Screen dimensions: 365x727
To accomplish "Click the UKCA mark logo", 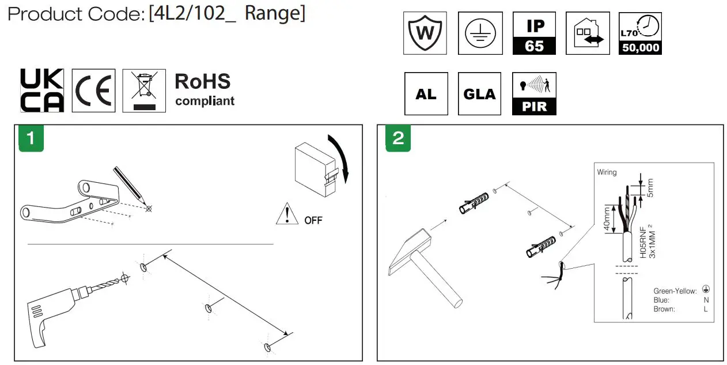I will click(42, 91).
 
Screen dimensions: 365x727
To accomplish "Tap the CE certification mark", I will click(93, 91).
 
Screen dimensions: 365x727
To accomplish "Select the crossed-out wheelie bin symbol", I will click(143, 90).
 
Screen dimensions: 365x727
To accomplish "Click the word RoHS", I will click(202, 81).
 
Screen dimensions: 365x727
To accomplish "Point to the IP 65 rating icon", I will click(534, 33).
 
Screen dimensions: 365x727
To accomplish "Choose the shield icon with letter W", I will click(425, 33).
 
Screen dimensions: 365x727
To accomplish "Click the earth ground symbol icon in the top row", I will click(480, 33).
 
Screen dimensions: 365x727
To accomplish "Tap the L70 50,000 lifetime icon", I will click(640, 33).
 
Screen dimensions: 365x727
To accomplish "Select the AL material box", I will click(426, 93).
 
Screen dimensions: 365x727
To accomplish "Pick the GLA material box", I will click(479, 93).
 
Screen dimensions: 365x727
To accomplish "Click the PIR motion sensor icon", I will click(534, 93).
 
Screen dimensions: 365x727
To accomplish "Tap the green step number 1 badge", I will click(31, 138).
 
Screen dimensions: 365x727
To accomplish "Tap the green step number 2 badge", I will click(398, 138).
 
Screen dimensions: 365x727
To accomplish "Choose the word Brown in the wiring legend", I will click(664, 309).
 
